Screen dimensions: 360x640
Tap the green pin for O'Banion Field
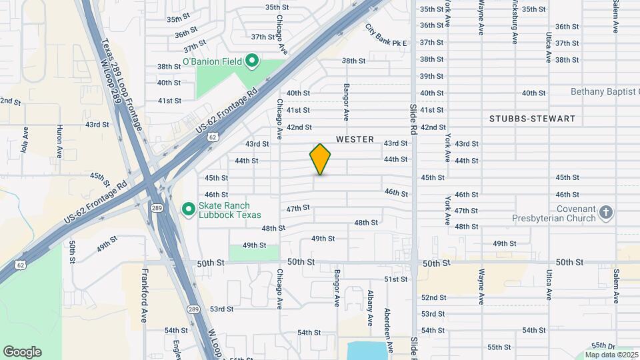pos(252,62)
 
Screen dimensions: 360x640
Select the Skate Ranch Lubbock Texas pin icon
pos(189,210)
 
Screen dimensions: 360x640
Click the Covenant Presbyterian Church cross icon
pos(606,213)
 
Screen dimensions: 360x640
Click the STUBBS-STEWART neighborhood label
pos(532,119)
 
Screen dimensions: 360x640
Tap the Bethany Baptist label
pos(604,91)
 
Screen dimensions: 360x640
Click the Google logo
pos(22,352)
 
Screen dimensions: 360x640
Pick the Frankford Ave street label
pos(143,296)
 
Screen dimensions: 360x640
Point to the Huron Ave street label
pos(60,141)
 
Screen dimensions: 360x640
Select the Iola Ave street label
pos(25,143)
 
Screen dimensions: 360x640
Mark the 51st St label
pos(395,279)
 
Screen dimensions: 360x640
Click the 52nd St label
pos(433,297)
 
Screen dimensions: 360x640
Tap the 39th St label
pos(431,76)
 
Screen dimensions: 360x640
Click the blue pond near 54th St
pos(368,349)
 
